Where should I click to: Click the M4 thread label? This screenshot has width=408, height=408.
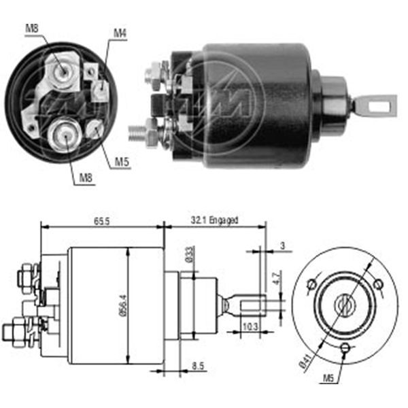click(120, 32)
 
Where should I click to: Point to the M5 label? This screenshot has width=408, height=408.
click(120, 161)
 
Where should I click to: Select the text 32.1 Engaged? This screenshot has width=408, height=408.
click(215, 220)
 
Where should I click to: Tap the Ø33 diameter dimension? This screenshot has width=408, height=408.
click(190, 254)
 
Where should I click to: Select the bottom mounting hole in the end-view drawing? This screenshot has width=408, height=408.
click(345, 348)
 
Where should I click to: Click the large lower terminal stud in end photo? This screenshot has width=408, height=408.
click(65, 133)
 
